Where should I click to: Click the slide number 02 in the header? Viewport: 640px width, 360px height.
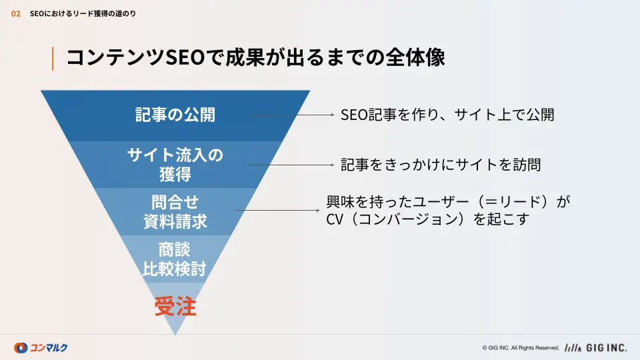pyautogui.click(x=15, y=14)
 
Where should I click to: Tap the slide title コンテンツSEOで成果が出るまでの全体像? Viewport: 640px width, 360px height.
pyautogui.click(x=255, y=57)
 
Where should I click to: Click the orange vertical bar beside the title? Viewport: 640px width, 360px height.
pyautogui.click(x=53, y=59)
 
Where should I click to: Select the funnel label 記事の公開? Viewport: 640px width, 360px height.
pyautogui.click(x=175, y=115)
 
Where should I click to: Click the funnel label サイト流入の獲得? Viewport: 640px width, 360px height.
pyautogui.click(x=175, y=165)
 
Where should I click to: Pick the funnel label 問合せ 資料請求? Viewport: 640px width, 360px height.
pyautogui.click(x=175, y=212)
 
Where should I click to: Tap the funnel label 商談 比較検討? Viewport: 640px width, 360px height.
pyautogui.click(x=175, y=259)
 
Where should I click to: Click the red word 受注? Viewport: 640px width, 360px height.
pyautogui.click(x=175, y=306)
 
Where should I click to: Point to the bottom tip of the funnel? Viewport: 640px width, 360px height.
pyautogui.click(x=175, y=335)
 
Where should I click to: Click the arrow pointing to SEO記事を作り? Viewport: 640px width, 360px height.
pyautogui.click(x=292, y=115)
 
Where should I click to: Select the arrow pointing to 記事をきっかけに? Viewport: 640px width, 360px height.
pyautogui.click(x=292, y=165)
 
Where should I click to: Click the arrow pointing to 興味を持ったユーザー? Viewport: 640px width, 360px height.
pyautogui.click(x=277, y=211)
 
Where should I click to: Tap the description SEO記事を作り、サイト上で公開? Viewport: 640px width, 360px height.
pyautogui.click(x=447, y=115)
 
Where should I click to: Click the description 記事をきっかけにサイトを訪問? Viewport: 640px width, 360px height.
pyautogui.click(x=441, y=165)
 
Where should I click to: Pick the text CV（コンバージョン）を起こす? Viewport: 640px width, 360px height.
pyautogui.click(x=428, y=219)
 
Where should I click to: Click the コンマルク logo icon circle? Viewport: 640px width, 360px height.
pyautogui.click(x=21, y=348)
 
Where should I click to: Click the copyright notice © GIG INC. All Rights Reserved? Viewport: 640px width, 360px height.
pyautogui.click(x=521, y=348)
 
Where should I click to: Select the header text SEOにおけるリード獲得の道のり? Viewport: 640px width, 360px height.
pyautogui.click(x=83, y=14)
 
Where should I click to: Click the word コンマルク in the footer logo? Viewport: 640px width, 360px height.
pyautogui.click(x=49, y=348)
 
